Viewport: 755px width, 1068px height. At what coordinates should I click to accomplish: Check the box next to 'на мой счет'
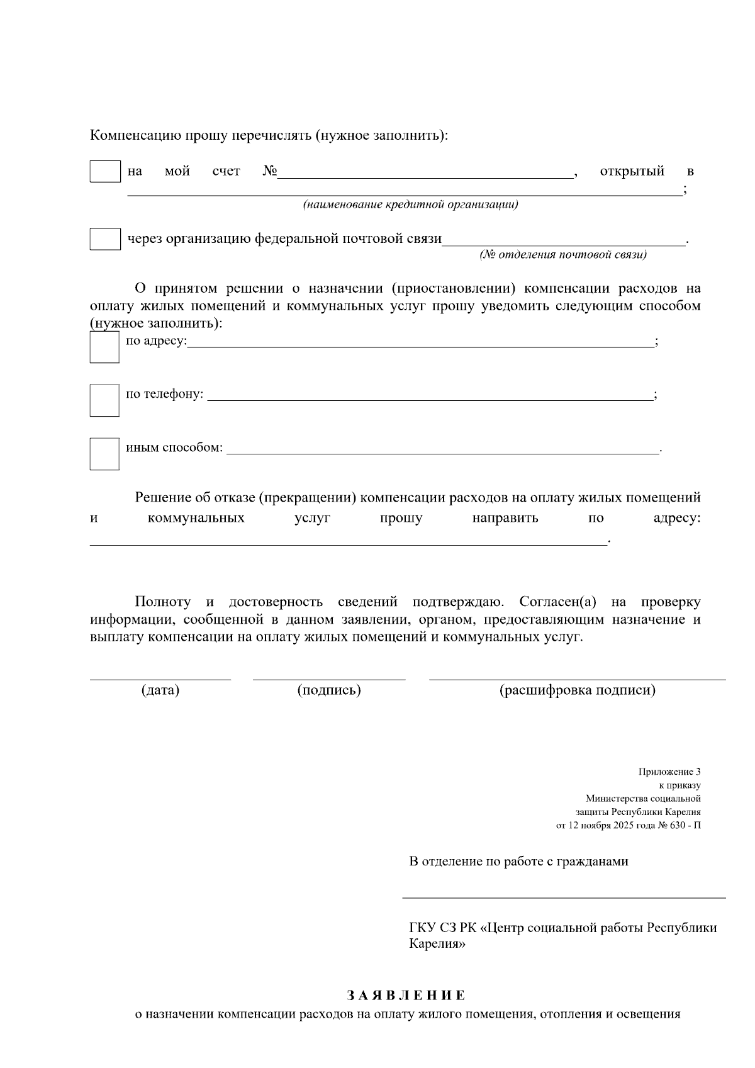[x=104, y=171]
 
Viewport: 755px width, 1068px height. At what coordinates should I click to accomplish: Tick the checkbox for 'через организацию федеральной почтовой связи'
[x=104, y=239]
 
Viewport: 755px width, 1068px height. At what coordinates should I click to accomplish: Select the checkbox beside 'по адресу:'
[x=104, y=347]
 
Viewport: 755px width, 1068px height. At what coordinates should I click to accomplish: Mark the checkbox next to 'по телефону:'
[x=104, y=400]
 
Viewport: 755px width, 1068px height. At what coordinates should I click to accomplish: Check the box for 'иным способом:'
[x=104, y=454]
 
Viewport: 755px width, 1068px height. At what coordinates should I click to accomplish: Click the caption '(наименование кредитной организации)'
[x=410, y=205]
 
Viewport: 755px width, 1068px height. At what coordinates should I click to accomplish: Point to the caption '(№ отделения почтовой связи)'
[x=563, y=255]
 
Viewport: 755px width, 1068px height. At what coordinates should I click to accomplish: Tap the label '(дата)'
[x=160, y=690]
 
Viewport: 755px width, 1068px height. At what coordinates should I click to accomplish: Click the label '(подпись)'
[x=329, y=690]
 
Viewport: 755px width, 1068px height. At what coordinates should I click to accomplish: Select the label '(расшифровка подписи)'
[x=577, y=690]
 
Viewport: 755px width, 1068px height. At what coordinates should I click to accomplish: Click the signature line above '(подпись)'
[x=329, y=678]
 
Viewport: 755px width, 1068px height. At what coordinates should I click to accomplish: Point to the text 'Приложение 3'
[x=669, y=772]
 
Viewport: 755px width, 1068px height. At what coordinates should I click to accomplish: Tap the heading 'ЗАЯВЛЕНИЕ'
[x=406, y=996]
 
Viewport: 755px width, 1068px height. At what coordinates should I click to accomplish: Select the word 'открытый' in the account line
[x=632, y=171]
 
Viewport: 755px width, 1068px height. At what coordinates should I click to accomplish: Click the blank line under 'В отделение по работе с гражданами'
[x=563, y=896]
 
